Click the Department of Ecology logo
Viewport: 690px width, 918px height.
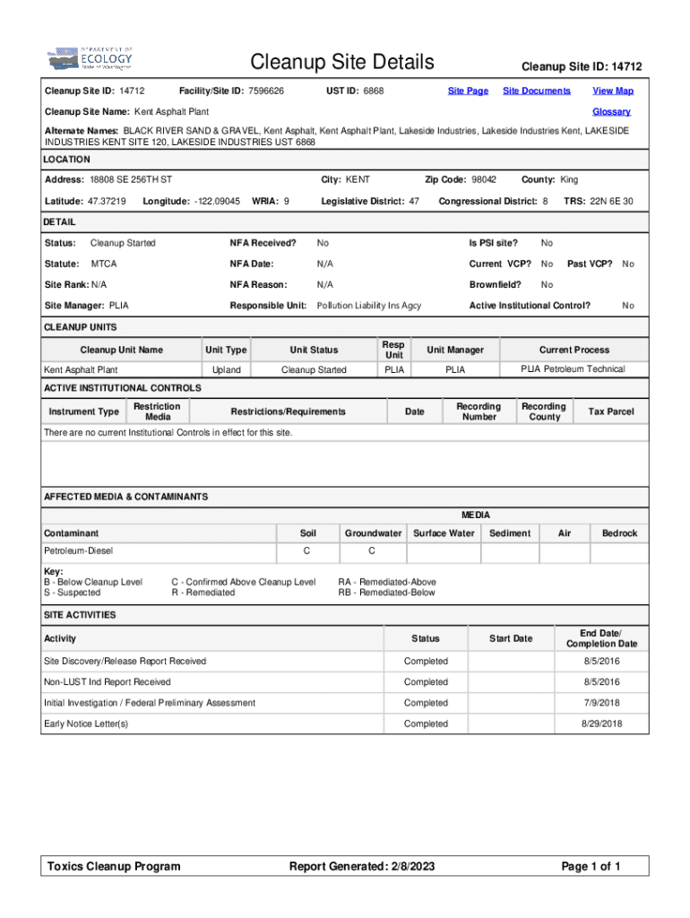[90, 59]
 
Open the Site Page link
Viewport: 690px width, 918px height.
[468, 91]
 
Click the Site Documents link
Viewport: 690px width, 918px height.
[536, 91]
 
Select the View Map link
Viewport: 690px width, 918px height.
[613, 91]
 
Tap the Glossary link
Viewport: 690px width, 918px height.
[611, 112]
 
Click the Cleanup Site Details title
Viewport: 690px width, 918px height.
[342, 63]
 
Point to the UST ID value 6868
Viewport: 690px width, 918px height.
[374, 91]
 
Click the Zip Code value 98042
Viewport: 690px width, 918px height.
[484, 180]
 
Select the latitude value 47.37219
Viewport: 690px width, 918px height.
[108, 202]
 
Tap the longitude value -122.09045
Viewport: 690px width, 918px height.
[214, 202]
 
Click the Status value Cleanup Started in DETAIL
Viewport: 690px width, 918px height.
[123, 243]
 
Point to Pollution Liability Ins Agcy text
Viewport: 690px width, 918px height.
[369, 306]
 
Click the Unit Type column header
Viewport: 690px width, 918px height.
[226, 350]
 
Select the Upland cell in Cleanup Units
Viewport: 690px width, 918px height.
[226, 370]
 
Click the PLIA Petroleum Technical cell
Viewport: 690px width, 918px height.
[574, 369]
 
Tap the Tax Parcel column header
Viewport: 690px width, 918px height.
[610, 412]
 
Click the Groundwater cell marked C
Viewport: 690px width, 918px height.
[372, 550]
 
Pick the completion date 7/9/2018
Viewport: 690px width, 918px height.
[602, 703]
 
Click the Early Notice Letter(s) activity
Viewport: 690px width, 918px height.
[86, 723]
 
